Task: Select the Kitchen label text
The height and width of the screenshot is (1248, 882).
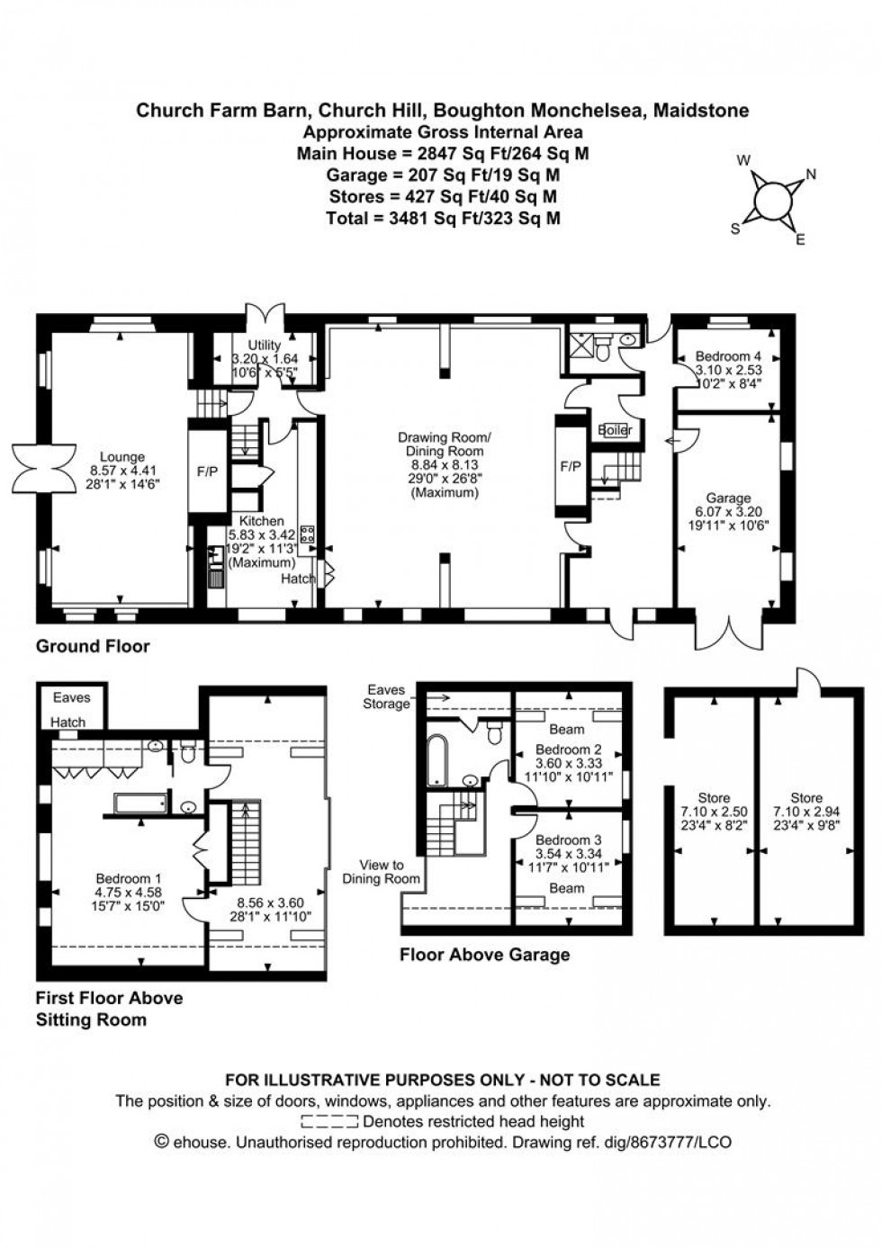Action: [x=261, y=521]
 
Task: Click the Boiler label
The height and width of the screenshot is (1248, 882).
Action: [x=615, y=430]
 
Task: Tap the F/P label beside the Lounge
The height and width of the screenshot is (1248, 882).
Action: [x=208, y=471]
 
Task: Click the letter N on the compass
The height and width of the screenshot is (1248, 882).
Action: [x=811, y=175]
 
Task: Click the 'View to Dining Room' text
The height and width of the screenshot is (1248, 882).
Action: [x=382, y=872]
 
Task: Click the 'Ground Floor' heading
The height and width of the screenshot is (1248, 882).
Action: [x=92, y=646]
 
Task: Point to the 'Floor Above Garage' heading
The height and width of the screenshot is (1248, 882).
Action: [x=484, y=955]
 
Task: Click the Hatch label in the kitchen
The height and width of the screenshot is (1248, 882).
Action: [x=299, y=579]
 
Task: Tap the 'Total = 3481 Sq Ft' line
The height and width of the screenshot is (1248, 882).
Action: [x=443, y=218]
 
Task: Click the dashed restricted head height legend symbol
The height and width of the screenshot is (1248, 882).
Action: [x=329, y=1121]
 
